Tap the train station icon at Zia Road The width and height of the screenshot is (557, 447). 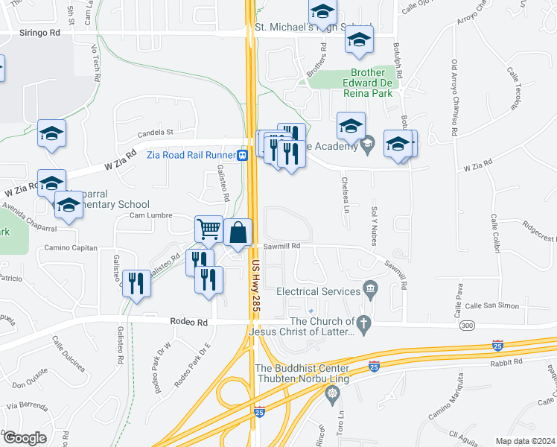(243, 156)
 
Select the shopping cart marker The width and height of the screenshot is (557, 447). (209, 229)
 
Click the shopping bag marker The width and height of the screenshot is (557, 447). (238, 232)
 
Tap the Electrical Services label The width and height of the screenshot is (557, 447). (319, 292)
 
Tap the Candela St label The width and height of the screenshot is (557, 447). (155, 132)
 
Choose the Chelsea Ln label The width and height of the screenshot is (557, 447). (345, 193)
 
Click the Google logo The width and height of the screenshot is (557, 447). (25, 438)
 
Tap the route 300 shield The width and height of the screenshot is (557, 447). (467, 326)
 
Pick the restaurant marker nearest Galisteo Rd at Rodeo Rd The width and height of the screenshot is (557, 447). (136, 283)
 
